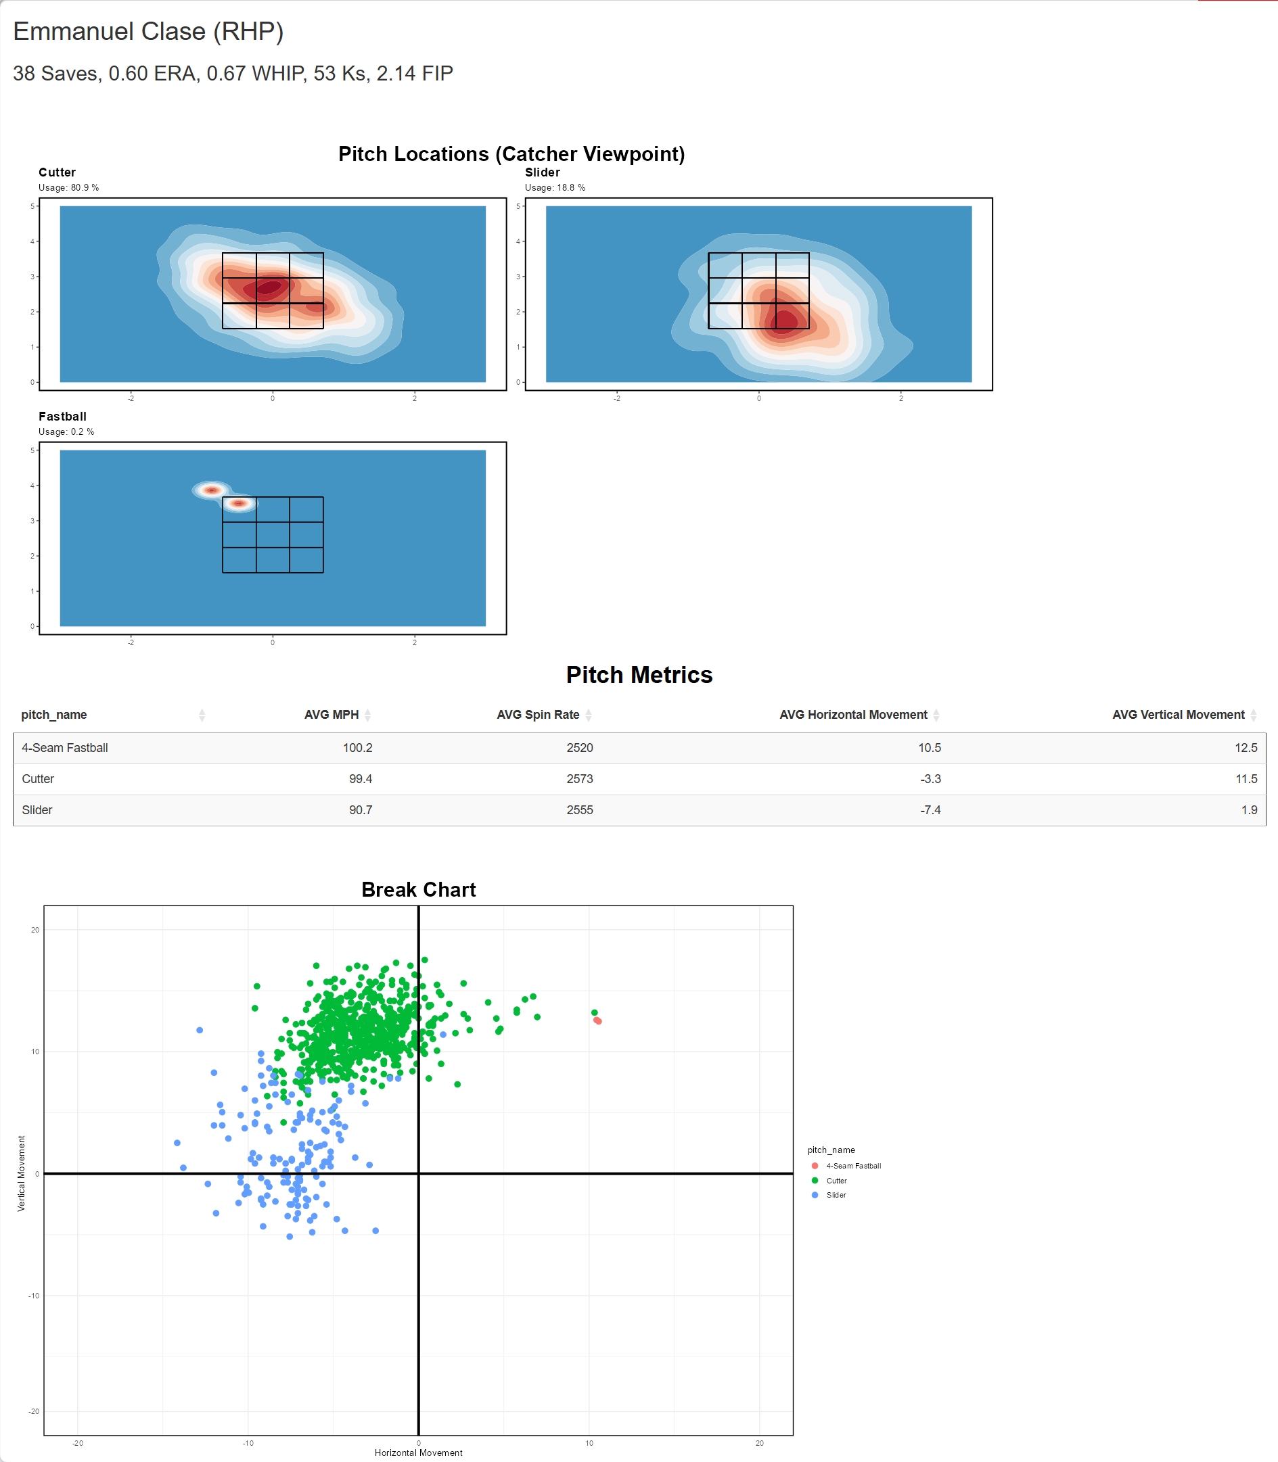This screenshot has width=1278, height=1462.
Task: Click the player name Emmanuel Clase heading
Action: pyautogui.click(x=148, y=31)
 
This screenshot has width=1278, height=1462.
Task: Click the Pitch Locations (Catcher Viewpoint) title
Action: pyautogui.click(x=511, y=154)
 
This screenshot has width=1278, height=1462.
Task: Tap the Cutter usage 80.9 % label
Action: pyautogui.click(x=68, y=188)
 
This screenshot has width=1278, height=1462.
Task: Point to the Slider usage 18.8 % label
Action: pyautogui.click(x=555, y=188)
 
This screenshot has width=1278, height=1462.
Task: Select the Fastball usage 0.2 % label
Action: pyautogui.click(x=66, y=432)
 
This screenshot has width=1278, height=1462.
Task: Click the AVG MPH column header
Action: pyautogui.click(x=331, y=715)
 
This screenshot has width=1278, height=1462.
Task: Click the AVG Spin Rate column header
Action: pyautogui.click(x=538, y=715)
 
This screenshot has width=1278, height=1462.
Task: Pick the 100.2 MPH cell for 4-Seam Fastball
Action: pyautogui.click(x=357, y=748)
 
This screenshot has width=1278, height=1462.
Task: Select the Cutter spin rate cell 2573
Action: pyautogui.click(x=580, y=779)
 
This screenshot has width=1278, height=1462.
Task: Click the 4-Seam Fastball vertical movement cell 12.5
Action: pyautogui.click(x=1246, y=748)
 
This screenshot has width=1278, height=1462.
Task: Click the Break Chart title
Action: pyautogui.click(x=419, y=890)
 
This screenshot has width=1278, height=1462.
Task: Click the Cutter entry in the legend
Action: pyautogui.click(x=836, y=1181)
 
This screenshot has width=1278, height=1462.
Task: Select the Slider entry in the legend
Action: pyautogui.click(x=836, y=1196)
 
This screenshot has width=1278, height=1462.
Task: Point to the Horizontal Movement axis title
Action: pyautogui.click(x=419, y=1453)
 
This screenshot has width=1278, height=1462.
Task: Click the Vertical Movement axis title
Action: pyautogui.click(x=22, y=1173)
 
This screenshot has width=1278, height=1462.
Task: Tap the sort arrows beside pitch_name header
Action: pyautogui.click(x=202, y=715)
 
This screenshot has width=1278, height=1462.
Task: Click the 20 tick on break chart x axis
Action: pyautogui.click(x=760, y=1443)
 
